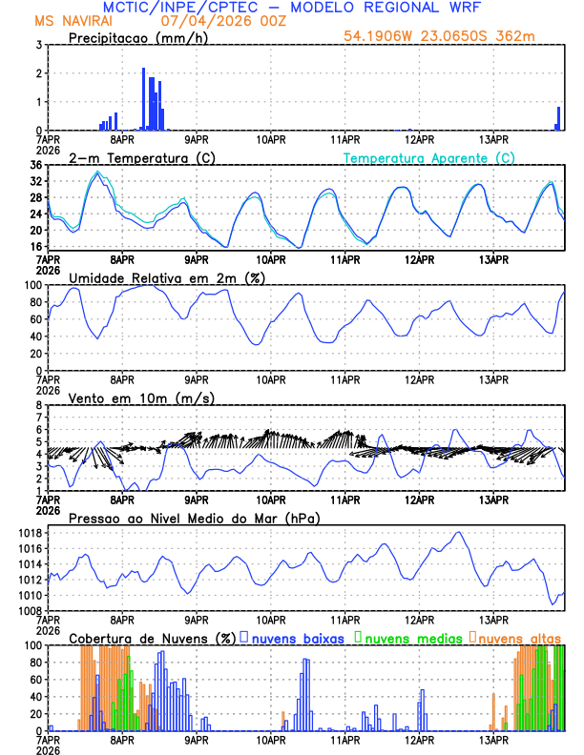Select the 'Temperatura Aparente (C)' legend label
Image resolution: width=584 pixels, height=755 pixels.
click(429, 158)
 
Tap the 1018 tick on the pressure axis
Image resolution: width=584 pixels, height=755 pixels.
click(30, 533)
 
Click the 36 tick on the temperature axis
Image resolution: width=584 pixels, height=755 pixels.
click(35, 165)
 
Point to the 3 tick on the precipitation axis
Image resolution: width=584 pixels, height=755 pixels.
click(38, 45)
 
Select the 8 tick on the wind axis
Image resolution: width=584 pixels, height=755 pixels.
click(38, 405)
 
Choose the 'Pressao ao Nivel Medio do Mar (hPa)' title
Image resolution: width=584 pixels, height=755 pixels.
click(194, 518)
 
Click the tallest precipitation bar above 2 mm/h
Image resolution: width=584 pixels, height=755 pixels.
click(144, 99)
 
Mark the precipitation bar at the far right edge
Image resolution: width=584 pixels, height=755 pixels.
click(559, 118)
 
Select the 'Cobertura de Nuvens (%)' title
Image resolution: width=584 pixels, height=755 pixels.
click(152, 637)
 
